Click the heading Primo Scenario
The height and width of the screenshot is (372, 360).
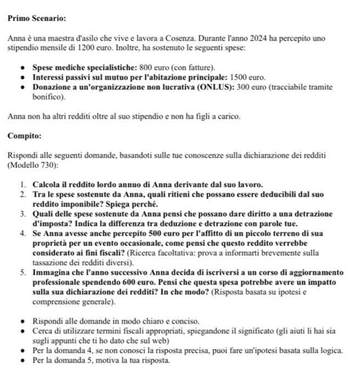[x=37, y=18]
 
